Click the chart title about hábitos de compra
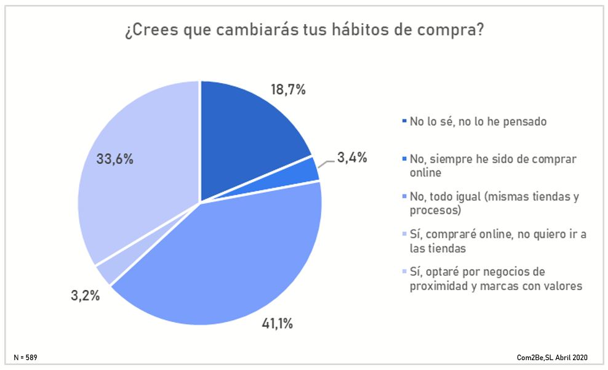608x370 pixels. (x=303, y=31)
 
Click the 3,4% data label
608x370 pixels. (x=352, y=158)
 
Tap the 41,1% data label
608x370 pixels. (x=275, y=323)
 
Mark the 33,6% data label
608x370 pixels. (x=114, y=159)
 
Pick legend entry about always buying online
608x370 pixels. (x=492, y=166)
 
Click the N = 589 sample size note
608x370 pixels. (x=29, y=357)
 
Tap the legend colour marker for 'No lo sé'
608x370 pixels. (x=404, y=121)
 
